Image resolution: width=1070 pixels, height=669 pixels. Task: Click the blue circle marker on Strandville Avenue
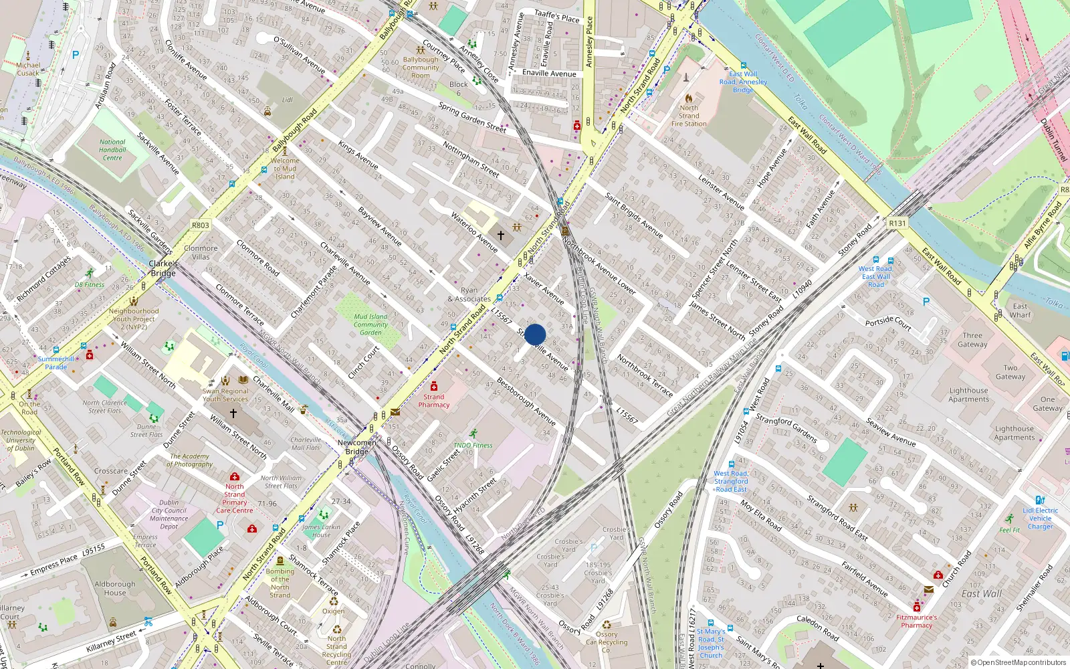[535, 334]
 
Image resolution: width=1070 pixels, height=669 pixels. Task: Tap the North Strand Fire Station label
[689, 116]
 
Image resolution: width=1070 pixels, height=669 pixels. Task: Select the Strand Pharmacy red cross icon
[434, 386]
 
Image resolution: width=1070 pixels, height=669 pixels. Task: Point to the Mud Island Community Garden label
[370, 324]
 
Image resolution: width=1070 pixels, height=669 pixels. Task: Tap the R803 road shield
[201, 225]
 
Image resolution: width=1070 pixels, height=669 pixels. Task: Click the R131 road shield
[897, 223]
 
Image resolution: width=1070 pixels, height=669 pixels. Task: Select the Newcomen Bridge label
[357, 447]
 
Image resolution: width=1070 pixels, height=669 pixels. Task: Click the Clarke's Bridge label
[163, 268]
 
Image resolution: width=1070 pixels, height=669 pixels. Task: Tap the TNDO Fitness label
[473, 445]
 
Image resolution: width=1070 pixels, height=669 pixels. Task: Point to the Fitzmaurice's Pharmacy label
[916, 622]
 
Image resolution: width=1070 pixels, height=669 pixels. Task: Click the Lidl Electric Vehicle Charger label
[1040, 518]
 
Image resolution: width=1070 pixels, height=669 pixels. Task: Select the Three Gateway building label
[972, 340]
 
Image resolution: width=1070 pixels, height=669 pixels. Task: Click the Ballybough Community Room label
[421, 68]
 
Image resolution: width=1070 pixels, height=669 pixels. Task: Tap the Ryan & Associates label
[469, 295]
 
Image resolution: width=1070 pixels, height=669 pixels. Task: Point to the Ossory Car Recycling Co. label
[607, 642]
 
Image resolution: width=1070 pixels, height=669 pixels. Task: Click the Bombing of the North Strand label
[280, 583]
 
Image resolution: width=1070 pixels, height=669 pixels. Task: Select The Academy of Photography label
[191, 460]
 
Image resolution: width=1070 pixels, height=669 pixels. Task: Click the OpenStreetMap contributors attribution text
[1019, 663]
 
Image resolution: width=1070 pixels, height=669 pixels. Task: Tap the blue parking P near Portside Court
[926, 302]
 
